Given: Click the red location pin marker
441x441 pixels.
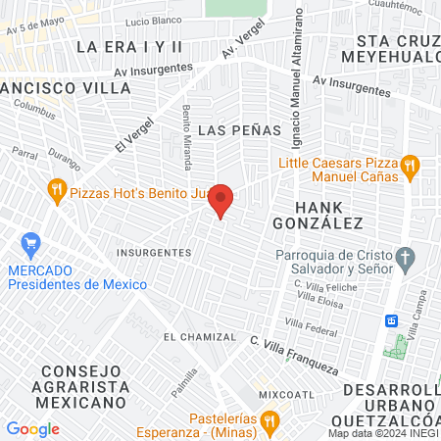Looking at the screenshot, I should [x=221, y=200].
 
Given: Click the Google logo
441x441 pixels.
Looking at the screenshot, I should [x=32, y=429].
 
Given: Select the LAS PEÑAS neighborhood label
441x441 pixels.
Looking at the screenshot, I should [x=239, y=129].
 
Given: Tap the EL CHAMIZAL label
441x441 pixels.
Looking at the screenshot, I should [x=200, y=337].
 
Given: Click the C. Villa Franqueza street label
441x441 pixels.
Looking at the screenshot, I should [x=294, y=357].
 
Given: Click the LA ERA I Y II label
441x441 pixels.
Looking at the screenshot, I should [x=129, y=46].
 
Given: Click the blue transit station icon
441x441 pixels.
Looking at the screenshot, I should [x=390, y=320].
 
